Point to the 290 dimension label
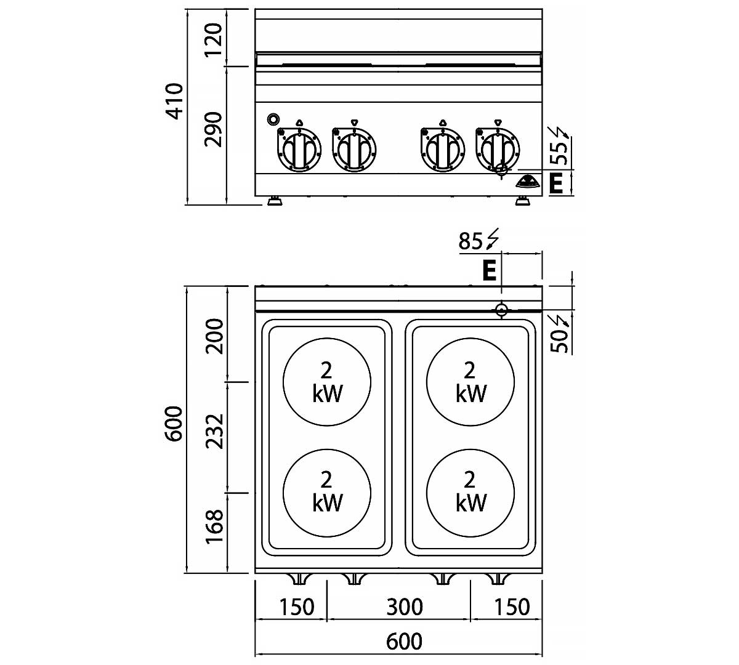(x=213, y=129)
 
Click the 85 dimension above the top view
(x=470, y=241)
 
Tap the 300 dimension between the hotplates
(x=405, y=607)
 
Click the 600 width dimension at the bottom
(x=405, y=642)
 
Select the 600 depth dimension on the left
(x=175, y=424)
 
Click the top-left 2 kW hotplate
(x=327, y=382)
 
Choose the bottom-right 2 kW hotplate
(x=471, y=491)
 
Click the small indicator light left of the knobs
(x=273, y=119)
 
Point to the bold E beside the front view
(x=556, y=183)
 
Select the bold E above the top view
(x=489, y=270)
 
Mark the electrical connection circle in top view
(x=502, y=310)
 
